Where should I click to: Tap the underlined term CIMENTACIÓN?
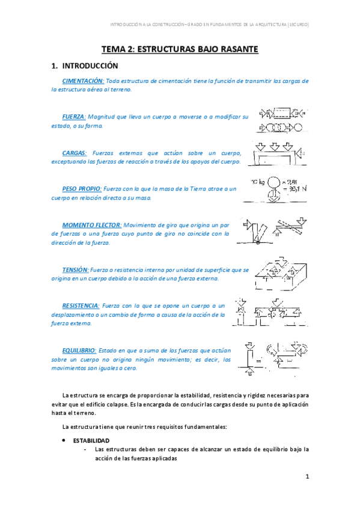[83, 81]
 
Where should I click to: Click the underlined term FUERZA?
[74, 117]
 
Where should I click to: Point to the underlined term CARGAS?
[75, 153]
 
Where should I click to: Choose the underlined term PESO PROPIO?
[82, 189]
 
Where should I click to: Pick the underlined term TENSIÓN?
[76, 270]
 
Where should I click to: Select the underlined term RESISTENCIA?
[82, 306]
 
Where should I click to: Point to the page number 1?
[307, 477]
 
